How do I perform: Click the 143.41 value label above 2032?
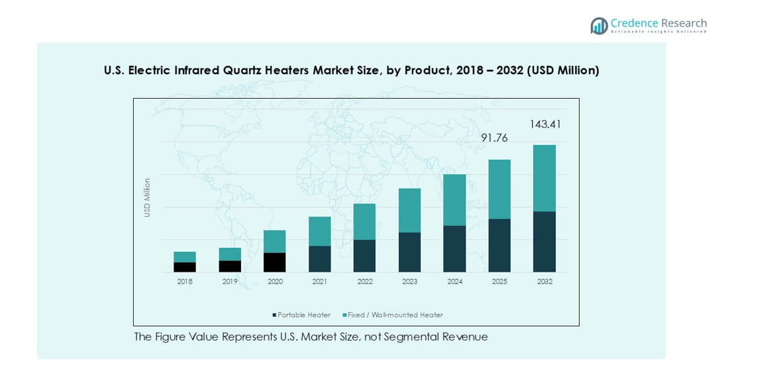[x=544, y=125]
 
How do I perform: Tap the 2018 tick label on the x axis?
[x=185, y=282]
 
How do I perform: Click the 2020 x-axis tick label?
[x=275, y=282]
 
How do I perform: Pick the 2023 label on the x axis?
[x=409, y=282]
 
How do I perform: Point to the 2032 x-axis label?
[x=544, y=282]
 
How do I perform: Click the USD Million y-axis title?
[x=148, y=197]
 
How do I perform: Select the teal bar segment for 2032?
[x=544, y=178]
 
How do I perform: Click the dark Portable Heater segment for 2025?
[x=499, y=245]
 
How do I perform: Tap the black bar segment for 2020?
[x=275, y=262]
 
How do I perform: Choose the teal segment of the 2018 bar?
[x=185, y=257]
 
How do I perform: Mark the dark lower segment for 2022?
[x=364, y=256]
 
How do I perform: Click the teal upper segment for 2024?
[x=454, y=200]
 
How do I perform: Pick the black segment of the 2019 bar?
[x=230, y=266]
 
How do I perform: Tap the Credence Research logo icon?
[x=599, y=26]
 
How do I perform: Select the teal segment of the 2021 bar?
[x=319, y=231]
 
